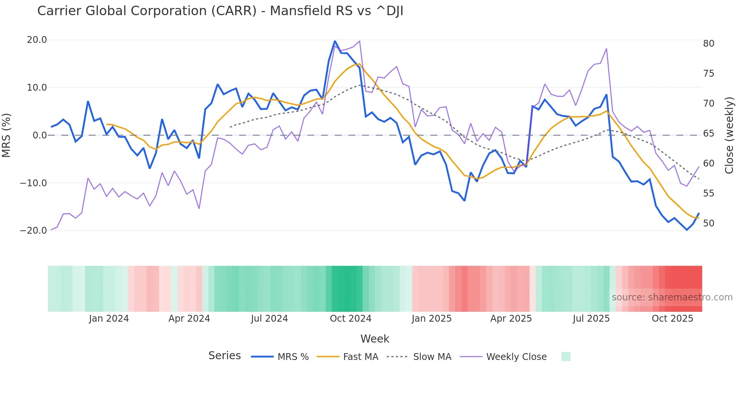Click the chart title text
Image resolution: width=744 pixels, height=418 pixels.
(x=220, y=11)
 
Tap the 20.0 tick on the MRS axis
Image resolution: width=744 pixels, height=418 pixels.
(x=37, y=40)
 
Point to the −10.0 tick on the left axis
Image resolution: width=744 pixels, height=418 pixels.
(x=33, y=183)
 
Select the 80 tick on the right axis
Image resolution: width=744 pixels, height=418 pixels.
(x=708, y=44)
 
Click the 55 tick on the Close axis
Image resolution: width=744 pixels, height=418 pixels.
(x=708, y=193)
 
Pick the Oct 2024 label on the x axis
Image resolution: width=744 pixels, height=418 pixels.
(x=350, y=319)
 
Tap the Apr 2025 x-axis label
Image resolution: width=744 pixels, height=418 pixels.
(x=511, y=319)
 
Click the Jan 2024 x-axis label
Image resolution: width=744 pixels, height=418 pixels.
(x=109, y=319)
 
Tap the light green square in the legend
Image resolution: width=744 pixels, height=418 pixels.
(x=566, y=357)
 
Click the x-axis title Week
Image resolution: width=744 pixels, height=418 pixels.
(x=375, y=339)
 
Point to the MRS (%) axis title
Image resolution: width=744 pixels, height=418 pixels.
(x=6, y=135)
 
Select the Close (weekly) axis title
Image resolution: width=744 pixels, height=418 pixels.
(x=729, y=135)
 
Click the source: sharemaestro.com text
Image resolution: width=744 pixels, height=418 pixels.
(x=672, y=297)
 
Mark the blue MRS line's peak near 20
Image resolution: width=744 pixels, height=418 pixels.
(x=335, y=41)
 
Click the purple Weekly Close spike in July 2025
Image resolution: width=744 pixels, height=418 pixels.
(x=606, y=49)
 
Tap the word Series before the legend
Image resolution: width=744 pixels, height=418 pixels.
(x=224, y=356)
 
